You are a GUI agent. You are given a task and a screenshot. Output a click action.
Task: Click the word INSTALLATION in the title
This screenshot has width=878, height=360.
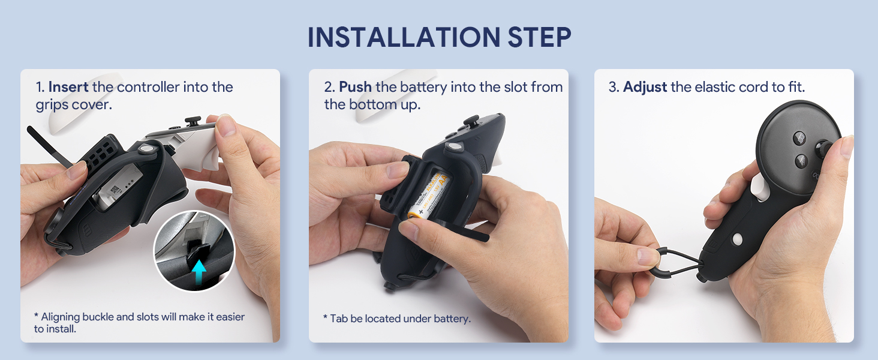(404, 38)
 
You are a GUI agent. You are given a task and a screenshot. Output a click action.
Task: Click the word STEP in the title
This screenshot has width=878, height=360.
(539, 38)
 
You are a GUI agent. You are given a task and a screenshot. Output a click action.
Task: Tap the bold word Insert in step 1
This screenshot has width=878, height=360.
(68, 86)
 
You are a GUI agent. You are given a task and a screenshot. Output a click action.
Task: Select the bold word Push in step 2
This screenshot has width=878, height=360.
(355, 86)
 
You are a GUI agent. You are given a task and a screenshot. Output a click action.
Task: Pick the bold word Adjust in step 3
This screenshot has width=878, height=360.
(645, 87)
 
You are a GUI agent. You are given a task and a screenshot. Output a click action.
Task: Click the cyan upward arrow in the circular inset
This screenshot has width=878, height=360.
(199, 272)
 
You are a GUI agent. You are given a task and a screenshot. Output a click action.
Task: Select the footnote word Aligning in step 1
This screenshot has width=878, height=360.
(61, 317)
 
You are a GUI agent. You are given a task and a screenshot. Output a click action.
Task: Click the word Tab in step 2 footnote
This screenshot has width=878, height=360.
(339, 319)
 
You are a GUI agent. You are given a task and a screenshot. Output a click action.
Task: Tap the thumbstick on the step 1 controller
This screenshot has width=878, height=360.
(193, 121)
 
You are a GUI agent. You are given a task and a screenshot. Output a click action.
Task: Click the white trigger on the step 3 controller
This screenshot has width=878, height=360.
(759, 187)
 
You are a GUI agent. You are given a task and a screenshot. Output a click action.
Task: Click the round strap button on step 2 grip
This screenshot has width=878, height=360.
(454, 147)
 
